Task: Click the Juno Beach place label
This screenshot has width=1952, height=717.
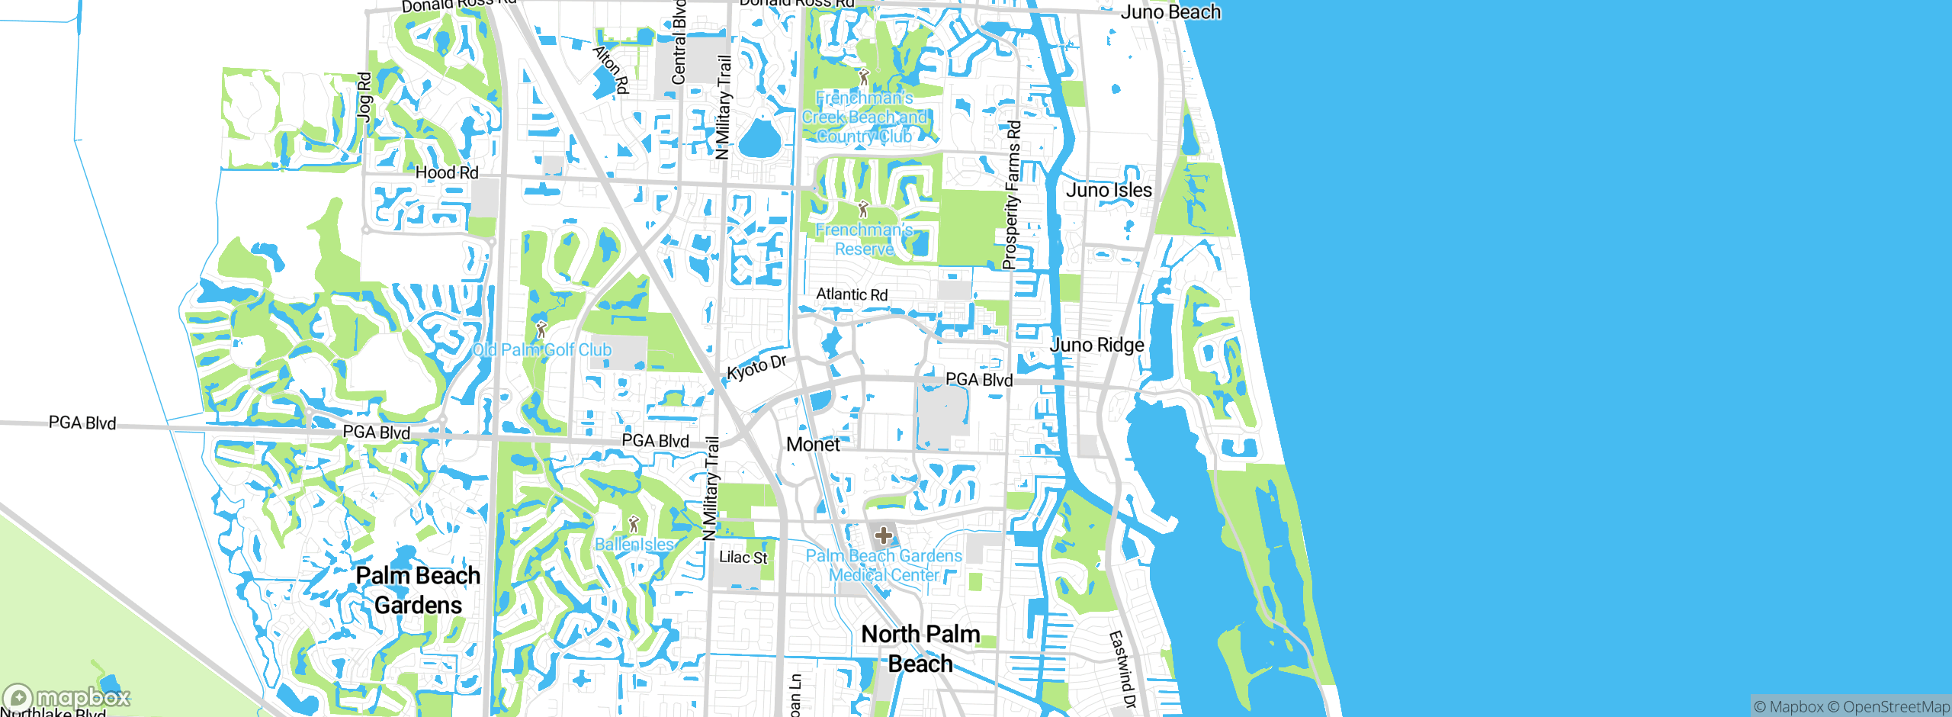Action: (1170, 12)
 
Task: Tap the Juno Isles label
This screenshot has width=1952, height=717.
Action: (1109, 190)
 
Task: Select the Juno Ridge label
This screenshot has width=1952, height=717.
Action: (1097, 345)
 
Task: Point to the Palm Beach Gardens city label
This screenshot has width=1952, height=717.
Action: (418, 590)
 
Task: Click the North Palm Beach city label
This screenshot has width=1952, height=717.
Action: (920, 648)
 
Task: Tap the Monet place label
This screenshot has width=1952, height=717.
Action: (813, 445)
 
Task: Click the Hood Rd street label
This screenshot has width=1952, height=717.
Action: (447, 173)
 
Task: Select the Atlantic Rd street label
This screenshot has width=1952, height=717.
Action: (852, 294)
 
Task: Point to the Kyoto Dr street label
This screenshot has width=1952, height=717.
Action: (756, 368)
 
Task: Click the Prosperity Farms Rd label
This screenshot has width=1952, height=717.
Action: (1011, 195)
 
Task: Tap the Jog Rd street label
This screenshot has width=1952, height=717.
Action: (364, 97)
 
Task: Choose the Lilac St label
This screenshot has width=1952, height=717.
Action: (743, 558)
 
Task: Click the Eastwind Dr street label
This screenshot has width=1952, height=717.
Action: (1122, 670)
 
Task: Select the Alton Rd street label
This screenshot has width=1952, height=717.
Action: (611, 69)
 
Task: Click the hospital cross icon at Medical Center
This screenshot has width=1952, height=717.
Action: (884, 535)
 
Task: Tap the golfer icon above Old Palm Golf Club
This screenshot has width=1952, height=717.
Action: (541, 330)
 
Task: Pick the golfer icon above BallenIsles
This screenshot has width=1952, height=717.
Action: (634, 525)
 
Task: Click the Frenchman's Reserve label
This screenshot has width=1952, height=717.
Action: (864, 240)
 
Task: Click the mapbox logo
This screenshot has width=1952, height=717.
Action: (67, 697)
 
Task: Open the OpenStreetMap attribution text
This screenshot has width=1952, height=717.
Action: (1895, 707)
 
